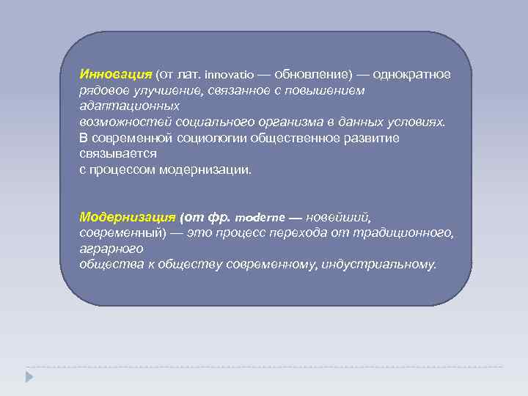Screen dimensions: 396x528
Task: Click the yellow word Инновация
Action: coord(116,75)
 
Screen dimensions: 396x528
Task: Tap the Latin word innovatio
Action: coord(228,76)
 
